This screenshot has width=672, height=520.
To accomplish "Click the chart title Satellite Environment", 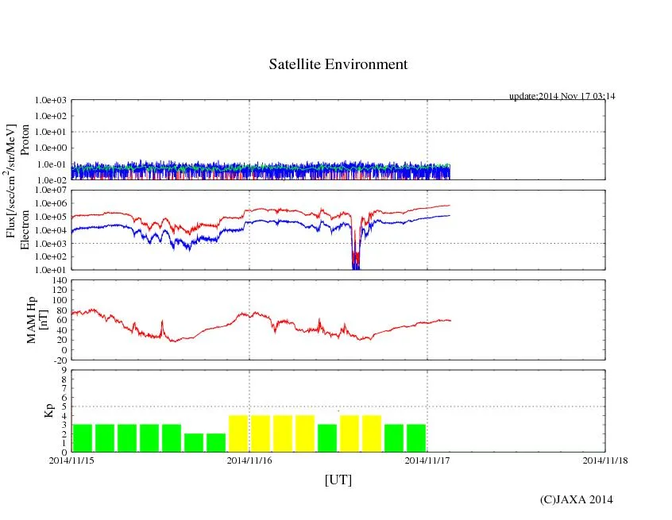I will click(338, 64).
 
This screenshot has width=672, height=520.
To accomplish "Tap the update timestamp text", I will click(562, 96).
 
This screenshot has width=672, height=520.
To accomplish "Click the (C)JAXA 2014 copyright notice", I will click(576, 499).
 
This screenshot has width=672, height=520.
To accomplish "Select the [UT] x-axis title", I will click(338, 480).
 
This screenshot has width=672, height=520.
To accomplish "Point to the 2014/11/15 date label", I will click(71, 460).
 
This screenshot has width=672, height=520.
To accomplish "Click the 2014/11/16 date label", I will click(249, 460).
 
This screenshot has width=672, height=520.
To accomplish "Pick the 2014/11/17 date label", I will click(427, 460).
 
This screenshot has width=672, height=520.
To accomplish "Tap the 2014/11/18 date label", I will click(605, 460).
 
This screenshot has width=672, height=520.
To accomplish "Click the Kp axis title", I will click(48, 410).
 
